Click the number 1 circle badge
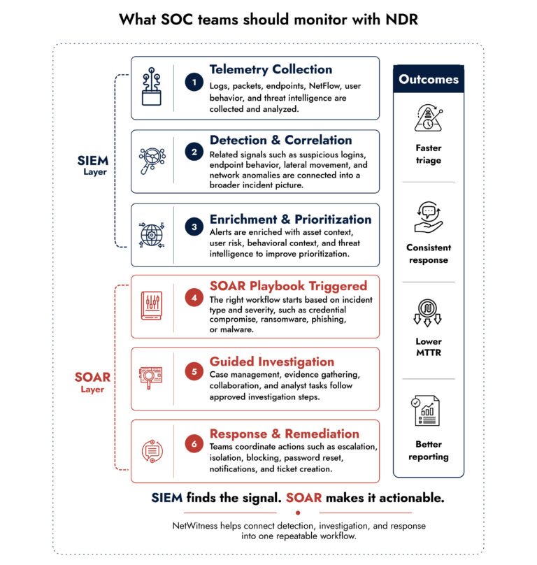[x=194, y=82]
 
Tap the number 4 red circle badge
[x=194, y=298]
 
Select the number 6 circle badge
[x=194, y=443]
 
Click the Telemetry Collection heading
[x=271, y=69]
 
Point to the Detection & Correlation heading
[x=281, y=140]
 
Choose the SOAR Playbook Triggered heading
[x=288, y=286]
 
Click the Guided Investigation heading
[x=272, y=362]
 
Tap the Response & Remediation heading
[x=285, y=434]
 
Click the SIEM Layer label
[x=93, y=166]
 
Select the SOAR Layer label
[x=92, y=382]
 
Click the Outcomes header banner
[x=429, y=79]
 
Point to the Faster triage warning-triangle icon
[x=429, y=118]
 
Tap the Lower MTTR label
[x=429, y=347]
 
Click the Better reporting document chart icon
[x=426, y=410]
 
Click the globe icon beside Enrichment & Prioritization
[x=152, y=235]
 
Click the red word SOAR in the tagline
[x=304, y=498]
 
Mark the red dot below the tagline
[x=298, y=513]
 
